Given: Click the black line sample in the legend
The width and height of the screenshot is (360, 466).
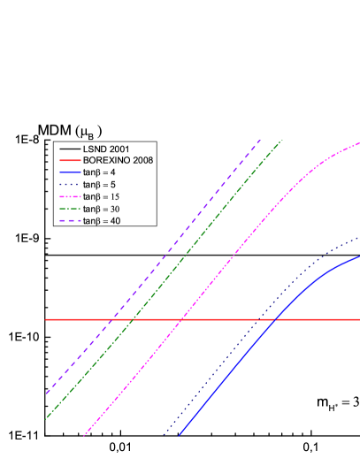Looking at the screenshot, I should [x=67, y=148].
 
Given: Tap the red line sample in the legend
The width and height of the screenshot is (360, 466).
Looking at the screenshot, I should [x=67, y=159].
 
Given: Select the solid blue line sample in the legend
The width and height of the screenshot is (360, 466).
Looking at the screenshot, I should [x=67, y=172].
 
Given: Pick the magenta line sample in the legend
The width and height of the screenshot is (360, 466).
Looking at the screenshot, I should [x=67, y=195].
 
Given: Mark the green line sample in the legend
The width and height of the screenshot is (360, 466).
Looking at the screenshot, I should [x=67, y=208].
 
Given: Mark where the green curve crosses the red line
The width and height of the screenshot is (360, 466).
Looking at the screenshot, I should [x=132, y=319].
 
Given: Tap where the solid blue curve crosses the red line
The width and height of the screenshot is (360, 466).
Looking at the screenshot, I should [x=277, y=319].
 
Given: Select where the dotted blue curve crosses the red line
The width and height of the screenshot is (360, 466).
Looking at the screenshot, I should [x=259, y=319].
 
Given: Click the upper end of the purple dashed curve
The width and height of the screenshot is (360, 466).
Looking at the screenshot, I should [x=262, y=139].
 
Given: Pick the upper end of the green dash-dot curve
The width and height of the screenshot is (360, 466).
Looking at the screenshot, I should [x=282, y=140].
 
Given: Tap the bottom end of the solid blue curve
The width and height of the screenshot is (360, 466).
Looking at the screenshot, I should [x=179, y=435].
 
